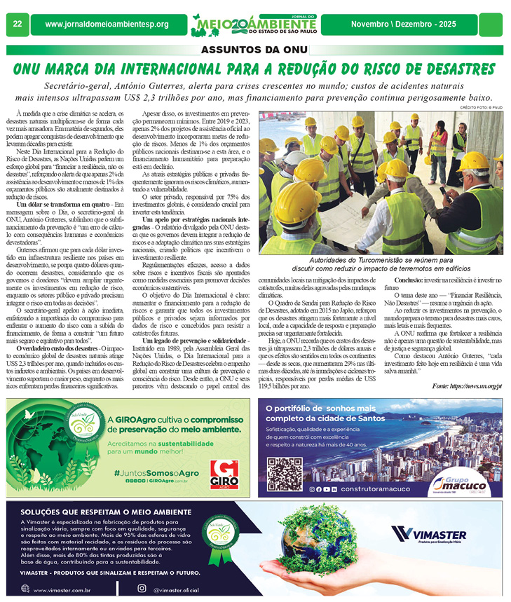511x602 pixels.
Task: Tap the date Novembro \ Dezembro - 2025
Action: point(403,25)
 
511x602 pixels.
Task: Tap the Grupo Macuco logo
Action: point(471,483)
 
